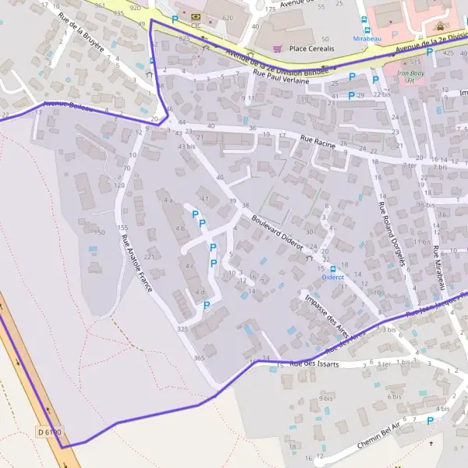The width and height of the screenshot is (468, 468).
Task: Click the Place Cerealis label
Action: (312, 48)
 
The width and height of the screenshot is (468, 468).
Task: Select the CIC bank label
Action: (196, 25)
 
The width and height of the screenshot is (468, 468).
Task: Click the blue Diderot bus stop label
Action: (333, 276)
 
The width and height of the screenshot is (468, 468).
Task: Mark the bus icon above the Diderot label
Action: (333, 268)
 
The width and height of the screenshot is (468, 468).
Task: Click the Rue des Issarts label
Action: (314, 364)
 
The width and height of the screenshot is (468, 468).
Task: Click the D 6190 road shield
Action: (48, 431)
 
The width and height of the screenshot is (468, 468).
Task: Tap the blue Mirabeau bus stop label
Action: (367, 37)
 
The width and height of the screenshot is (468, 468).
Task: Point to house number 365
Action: (199, 358)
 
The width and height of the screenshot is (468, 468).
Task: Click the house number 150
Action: (99, 232)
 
